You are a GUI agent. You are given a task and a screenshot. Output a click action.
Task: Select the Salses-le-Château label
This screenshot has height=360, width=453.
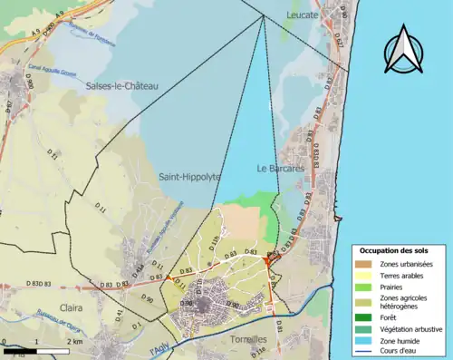pyautogui.click(x=121, y=86)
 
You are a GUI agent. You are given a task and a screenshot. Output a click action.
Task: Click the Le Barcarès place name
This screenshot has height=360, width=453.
pyautogui.click(x=280, y=169)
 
